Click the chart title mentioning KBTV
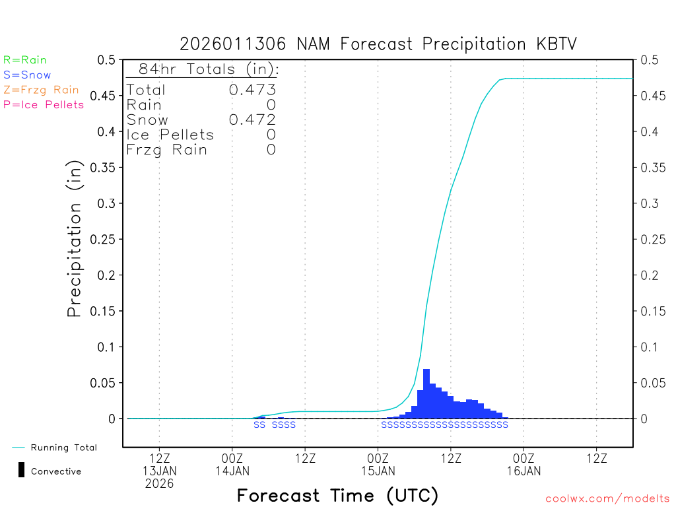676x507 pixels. click(x=378, y=44)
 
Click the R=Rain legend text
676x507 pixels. click(x=25, y=60)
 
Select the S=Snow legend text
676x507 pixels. click(x=27, y=75)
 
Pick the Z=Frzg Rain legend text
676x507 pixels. click(x=41, y=90)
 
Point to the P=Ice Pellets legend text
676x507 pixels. click(x=44, y=104)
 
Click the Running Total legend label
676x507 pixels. click(x=63, y=448)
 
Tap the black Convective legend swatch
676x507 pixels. click(x=22, y=470)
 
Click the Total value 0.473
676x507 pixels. click(x=252, y=90)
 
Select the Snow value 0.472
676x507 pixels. click(x=252, y=119)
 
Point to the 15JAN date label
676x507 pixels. click(x=378, y=471)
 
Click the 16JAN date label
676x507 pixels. click(x=524, y=471)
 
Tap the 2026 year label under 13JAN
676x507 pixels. click(x=160, y=483)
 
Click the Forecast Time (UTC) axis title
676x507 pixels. click(x=337, y=495)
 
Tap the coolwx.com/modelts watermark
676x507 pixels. click(x=608, y=498)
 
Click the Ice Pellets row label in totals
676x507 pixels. click(x=170, y=135)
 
